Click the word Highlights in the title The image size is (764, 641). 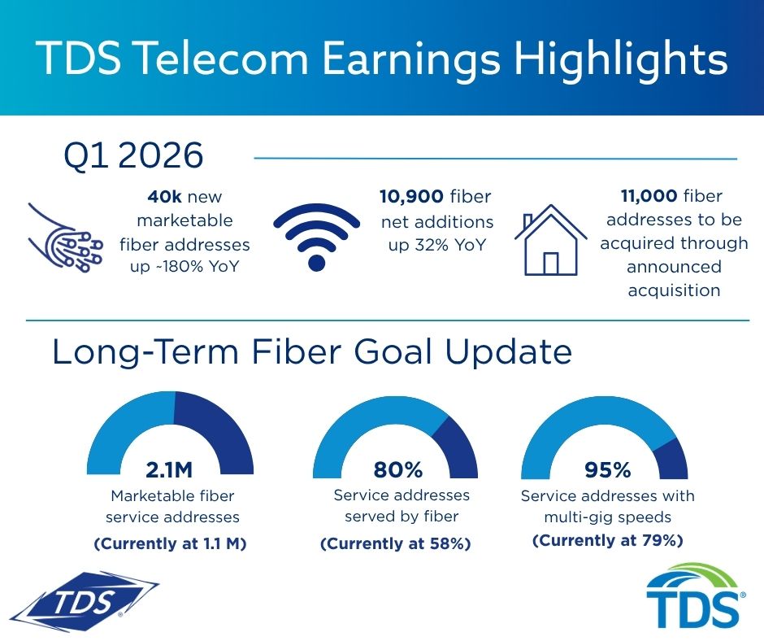coord(621,59)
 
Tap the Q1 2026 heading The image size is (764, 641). coord(133,155)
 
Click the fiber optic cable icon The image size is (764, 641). coord(65,238)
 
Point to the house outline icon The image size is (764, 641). coord(550,240)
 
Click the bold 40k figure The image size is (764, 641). coord(164,197)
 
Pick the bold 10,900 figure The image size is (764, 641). coord(411,197)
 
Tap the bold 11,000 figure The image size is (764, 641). coord(649,196)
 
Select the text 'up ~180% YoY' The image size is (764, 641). coord(184,267)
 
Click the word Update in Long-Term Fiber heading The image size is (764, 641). coord(509,353)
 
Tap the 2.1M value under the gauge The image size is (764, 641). coord(169,470)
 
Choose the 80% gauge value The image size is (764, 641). coord(398,470)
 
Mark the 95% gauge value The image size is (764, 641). coord(608,470)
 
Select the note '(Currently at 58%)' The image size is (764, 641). coord(396,543)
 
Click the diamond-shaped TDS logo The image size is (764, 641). coord(84,603)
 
